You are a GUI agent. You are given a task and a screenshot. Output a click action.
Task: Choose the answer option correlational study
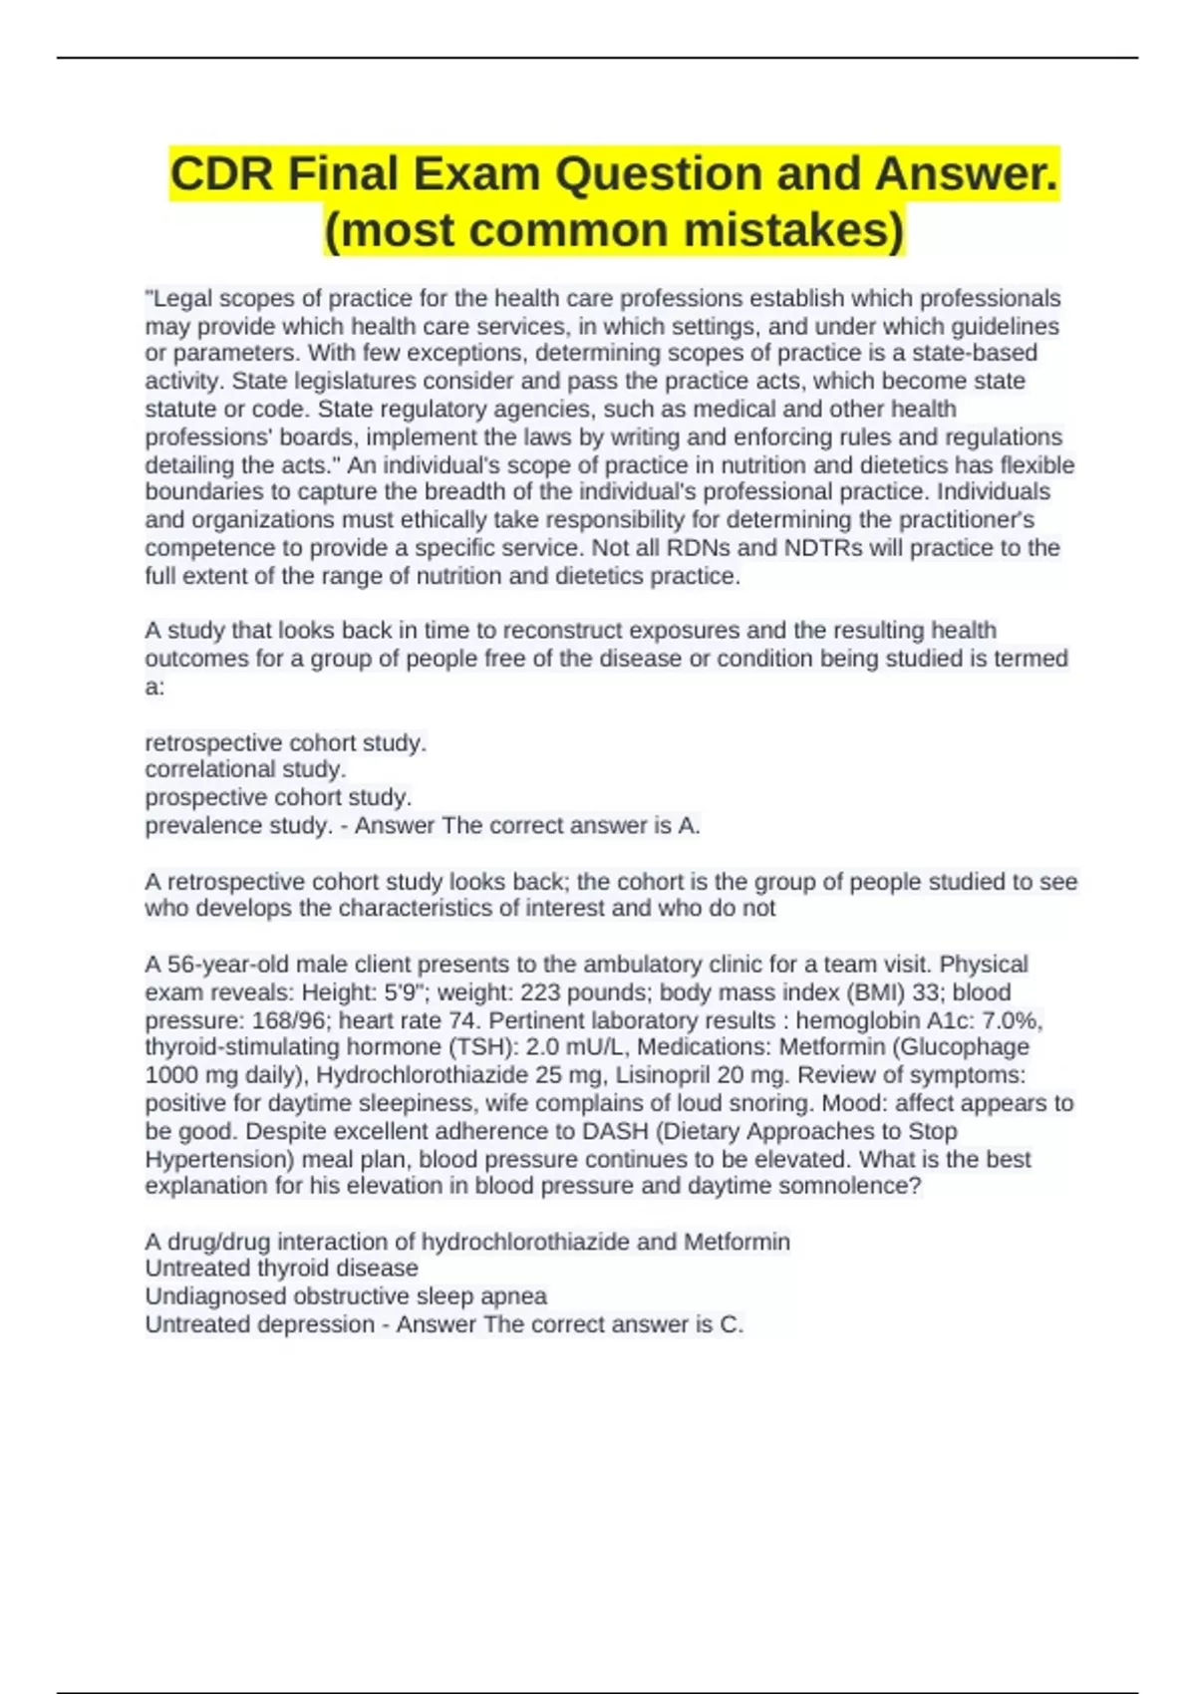click(245, 769)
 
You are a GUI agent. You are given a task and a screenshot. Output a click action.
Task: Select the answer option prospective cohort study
click(278, 797)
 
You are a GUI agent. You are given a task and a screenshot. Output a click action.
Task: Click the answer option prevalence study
click(237, 825)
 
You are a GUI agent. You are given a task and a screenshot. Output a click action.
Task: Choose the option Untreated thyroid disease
click(281, 1269)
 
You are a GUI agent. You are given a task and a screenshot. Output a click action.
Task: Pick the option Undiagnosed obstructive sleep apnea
click(346, 1296)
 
